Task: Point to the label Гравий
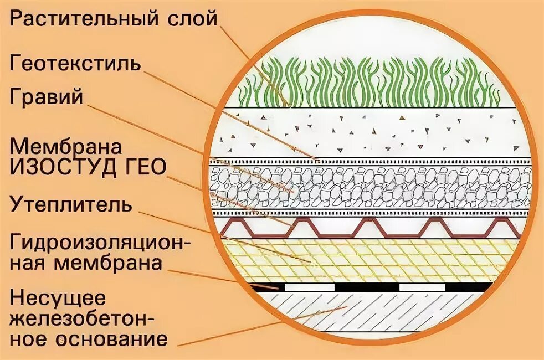tap(46, 97)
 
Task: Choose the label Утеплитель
tap(71, 205)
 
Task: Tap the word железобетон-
tap(83, 318)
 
